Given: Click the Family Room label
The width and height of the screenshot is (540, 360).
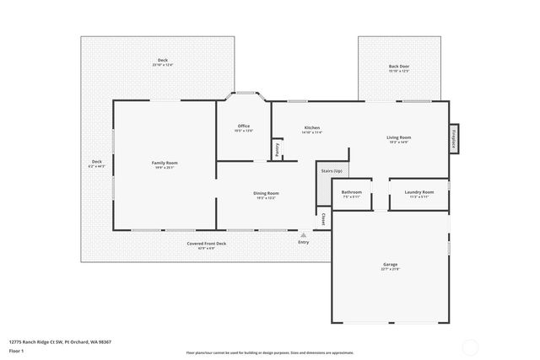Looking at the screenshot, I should pyautogui.click(x=165, y=163).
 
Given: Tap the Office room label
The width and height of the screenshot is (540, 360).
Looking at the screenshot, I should pyautogui.click(x=243, y=127).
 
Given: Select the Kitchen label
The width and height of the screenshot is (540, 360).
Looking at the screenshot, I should pyautogui.click(x=312, y=128).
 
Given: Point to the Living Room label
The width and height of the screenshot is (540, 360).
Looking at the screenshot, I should pyautogui.click(x=399, y=137).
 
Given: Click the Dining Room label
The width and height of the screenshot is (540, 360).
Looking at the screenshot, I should pyautogui.click(x=266, y=194).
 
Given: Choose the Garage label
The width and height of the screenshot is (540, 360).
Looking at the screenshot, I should pyautogui.click(x=390, y=265).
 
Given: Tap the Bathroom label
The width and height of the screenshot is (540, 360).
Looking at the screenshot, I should pyautogui.click(x=352, y=192).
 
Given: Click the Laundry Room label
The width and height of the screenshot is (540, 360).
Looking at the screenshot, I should pyautogui.click(x=418, y=192).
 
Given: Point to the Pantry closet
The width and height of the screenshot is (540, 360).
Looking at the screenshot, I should pyautogui.click(x=277, y=149).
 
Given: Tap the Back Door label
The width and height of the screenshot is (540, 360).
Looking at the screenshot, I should pyautogui.click(x=399, y=67).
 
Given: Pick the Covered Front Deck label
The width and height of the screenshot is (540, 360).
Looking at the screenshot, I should pyautogui.click(x=207, y=244).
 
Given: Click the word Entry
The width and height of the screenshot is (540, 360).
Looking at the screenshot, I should pyautogui.click(x=304, y=243).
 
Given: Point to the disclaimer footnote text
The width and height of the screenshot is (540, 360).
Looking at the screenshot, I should pyautogui.click(x=270, y=352).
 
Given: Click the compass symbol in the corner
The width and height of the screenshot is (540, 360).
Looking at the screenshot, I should pyautogui.click(x=471, y=346).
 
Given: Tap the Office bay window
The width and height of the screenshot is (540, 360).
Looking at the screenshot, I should pyautogui.click(x=244, y=94).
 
